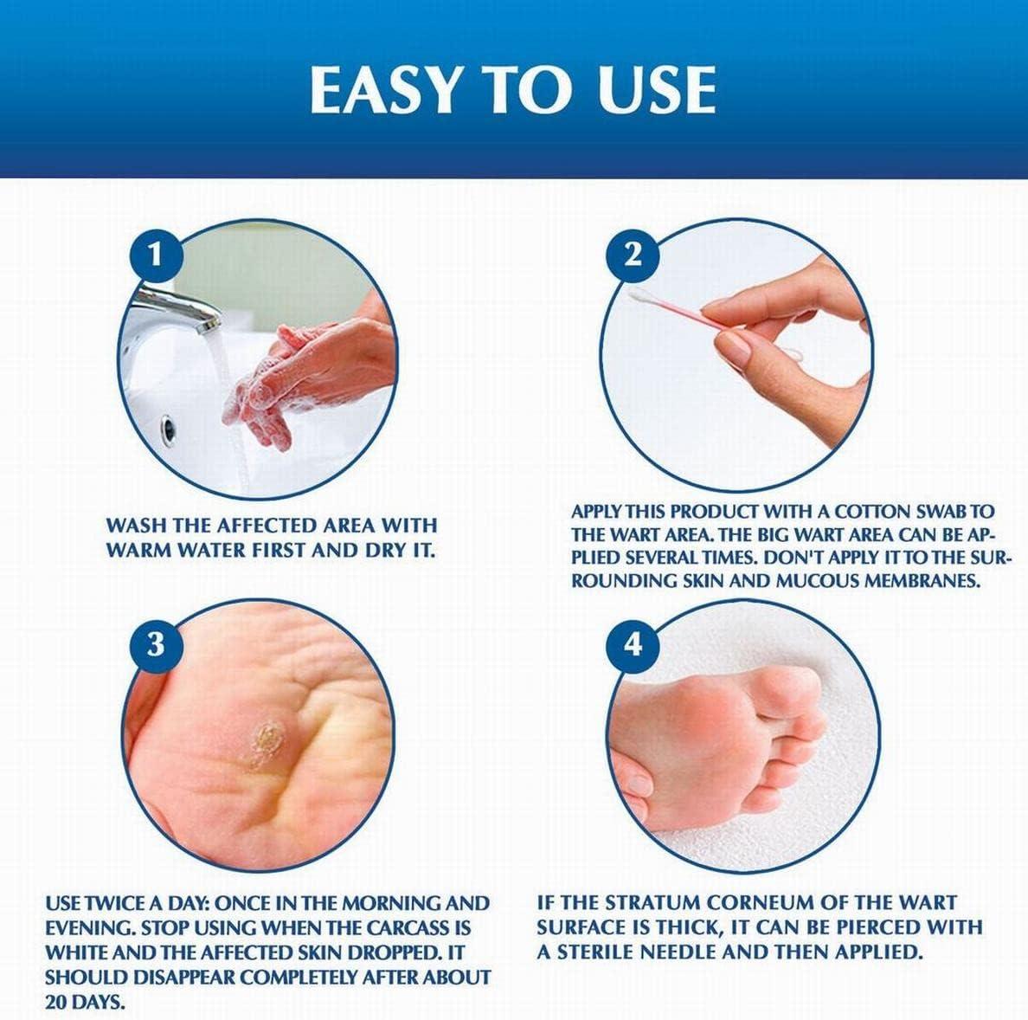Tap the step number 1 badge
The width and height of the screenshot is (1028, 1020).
(156, 255)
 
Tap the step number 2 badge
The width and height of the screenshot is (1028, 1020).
(634, 255)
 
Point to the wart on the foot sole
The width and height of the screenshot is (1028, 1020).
(259, 745)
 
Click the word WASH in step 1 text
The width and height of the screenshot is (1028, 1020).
(137, 526)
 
